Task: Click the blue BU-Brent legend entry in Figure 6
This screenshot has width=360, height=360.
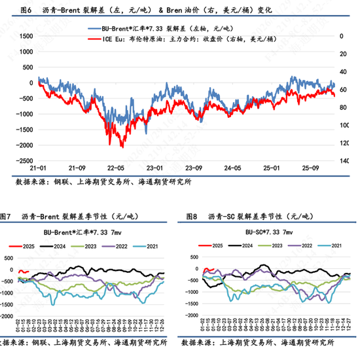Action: point(160,29)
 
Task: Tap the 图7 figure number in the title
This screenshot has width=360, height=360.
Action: point(7,217)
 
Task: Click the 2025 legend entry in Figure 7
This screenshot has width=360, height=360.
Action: point(25,245)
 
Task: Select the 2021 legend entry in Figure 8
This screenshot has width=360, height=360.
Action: point(333,245)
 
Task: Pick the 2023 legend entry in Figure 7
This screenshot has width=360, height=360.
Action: point(96,245)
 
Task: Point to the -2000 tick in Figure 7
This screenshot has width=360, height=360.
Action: point(10,312)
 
